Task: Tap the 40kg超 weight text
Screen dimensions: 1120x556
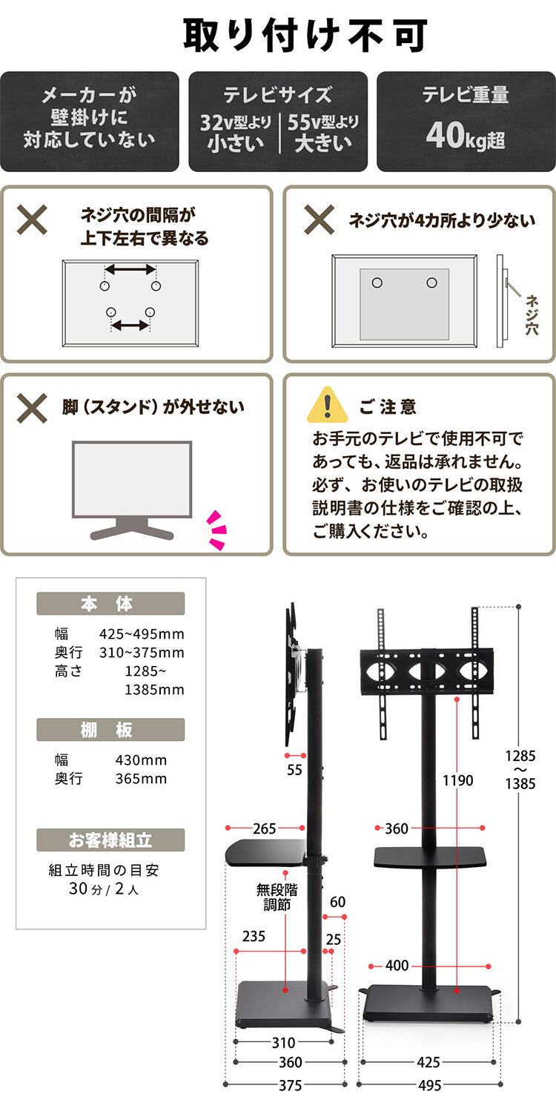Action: click(x=466, y=136)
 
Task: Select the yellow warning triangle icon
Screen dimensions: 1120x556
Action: click(x=327, y=405)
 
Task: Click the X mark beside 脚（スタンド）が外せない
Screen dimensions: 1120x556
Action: click(x=33, y=406)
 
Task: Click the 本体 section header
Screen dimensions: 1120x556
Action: click(x=110, y=604)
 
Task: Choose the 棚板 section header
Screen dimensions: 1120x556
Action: click(x=110, y=730)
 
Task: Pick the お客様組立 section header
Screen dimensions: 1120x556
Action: click(x=110, y=840)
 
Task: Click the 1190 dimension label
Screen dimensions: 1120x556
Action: click(x=457, y=780)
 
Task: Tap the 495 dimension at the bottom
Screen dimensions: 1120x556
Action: click(x=429, y=1085)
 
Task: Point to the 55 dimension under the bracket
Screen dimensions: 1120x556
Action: click(x=295, y=770)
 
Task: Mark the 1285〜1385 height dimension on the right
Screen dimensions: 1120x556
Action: click(x=520, y=770)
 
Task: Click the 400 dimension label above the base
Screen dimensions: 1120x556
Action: click(x=397, y=966)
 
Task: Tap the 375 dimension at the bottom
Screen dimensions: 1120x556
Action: click(x=290, y=1085)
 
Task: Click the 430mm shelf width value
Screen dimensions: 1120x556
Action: click(x=141, y=760)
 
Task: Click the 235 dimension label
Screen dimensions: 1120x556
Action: click(x=254, y=936)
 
